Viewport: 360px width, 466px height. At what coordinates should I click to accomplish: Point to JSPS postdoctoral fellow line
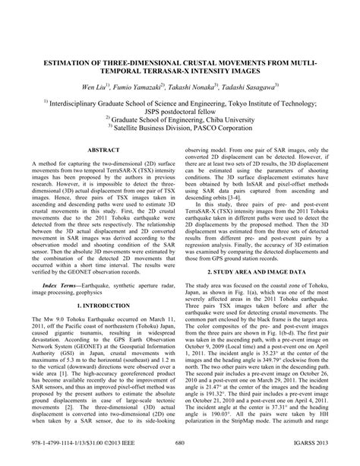coord(180,109)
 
